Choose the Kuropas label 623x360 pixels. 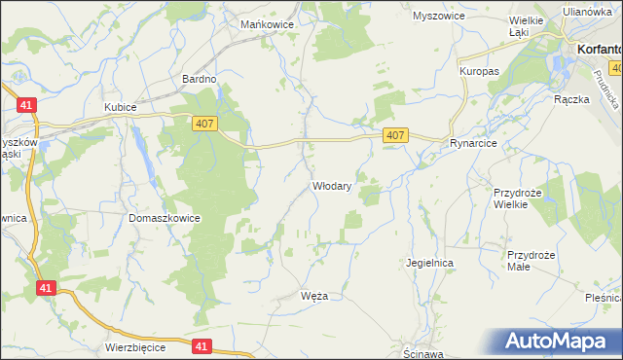coord(479,72)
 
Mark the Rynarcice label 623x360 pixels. coord(474,143)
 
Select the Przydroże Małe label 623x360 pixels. coord(531,261)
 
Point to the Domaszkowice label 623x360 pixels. coord(165,218)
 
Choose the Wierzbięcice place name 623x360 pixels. coord(136,347)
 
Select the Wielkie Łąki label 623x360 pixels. coord(527,25)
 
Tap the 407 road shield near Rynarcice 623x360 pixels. coord(394,136)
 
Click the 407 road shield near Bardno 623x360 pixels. coord(203,121)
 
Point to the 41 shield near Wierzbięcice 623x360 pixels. coord(202,345)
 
